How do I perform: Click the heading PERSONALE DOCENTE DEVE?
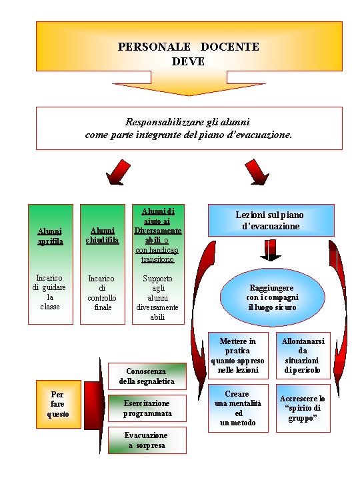point(189,54)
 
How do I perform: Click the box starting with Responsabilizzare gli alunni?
point(189,128)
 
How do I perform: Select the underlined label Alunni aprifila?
point(50,236)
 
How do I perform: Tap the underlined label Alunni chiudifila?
point(102,235)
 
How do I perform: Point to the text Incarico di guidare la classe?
point(50,292)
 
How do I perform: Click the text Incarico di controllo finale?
point(102,293)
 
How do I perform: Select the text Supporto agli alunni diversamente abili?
point(157,297)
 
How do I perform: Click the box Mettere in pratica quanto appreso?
point(238,355)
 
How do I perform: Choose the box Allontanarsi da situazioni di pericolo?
point(303,355)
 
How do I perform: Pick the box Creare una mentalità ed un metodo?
point(238,408)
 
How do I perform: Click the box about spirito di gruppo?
point(303,408)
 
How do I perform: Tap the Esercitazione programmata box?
point(147,408)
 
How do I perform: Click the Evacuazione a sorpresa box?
point(147,440)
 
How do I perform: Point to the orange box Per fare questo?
point(57,404)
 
